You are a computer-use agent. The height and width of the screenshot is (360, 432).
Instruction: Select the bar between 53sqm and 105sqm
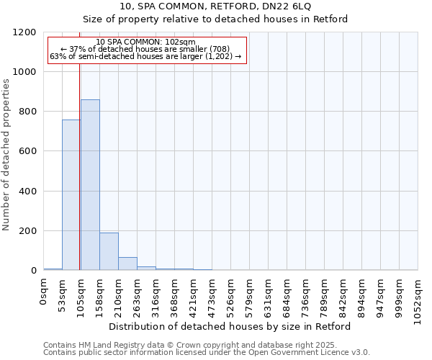(x=71, y=195)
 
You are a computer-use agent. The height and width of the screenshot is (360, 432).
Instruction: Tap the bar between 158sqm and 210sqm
(x=109, y=251)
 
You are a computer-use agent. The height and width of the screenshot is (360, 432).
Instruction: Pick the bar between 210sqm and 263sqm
(x=127, y=264)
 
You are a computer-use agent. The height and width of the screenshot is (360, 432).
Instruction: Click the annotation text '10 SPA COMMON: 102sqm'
(x=145, y=42)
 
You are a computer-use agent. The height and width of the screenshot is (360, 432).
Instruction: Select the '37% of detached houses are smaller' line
(x=145, y=49)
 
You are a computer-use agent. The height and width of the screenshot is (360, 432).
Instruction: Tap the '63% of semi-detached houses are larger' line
(x=145, y=56)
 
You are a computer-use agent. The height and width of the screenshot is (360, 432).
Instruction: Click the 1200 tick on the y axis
(x=25, y=32)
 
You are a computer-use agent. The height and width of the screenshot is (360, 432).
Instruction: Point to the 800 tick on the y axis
(x=28, y=112)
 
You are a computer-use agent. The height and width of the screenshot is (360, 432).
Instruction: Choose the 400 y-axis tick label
(x=28, y=192)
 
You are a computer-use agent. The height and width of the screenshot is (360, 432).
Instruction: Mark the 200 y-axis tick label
(x=28, y=231)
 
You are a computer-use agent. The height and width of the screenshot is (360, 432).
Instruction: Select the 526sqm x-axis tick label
(x=231, y=295)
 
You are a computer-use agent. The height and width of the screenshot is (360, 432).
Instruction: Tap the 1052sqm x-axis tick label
(x=418, y=298)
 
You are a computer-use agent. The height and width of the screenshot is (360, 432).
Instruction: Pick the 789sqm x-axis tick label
(x=325, y=295)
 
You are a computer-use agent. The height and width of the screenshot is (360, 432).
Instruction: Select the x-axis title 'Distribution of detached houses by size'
(x=230, y=327)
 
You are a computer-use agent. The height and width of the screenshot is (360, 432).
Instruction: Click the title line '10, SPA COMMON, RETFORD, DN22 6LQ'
(x=215, y=6)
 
